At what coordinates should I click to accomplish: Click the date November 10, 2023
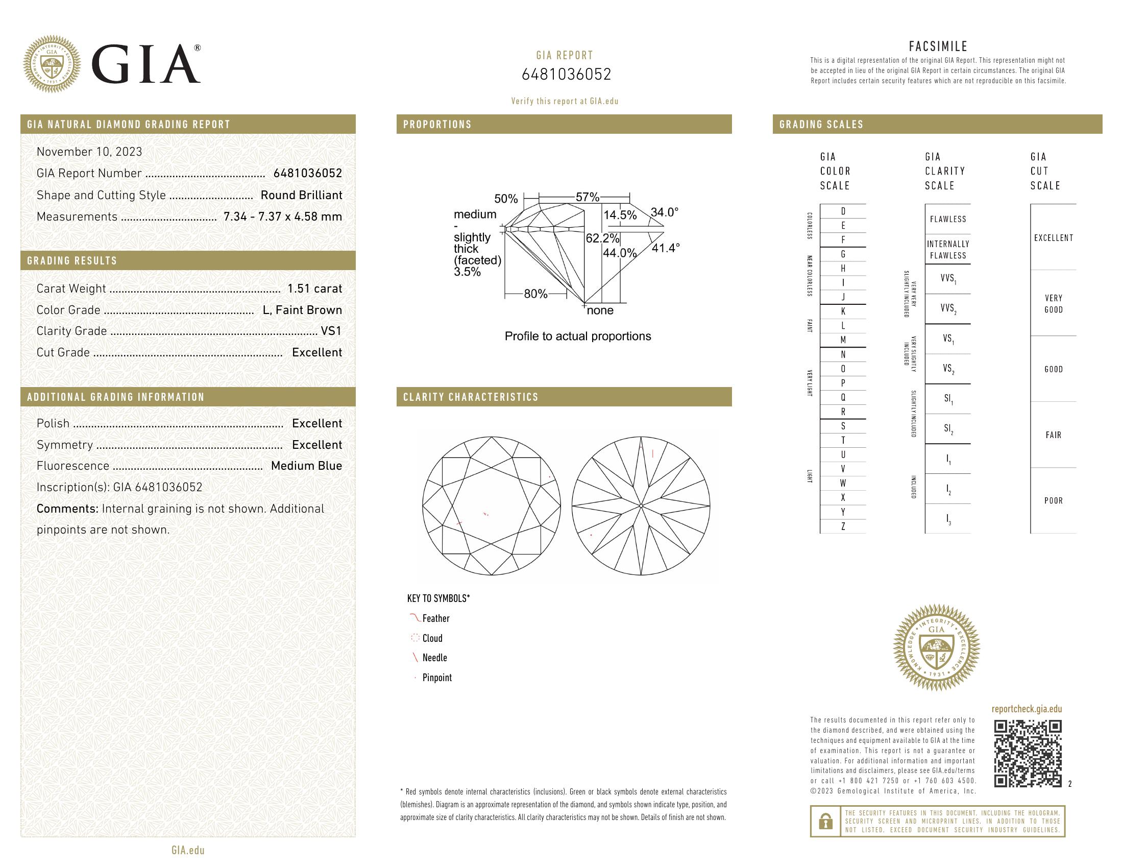click(89, 152)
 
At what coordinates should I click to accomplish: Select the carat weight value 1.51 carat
click(314, 288)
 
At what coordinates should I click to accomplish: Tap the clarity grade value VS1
click(331, 331)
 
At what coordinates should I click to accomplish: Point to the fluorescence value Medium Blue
click(306, 466)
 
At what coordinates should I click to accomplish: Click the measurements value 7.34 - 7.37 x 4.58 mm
click(283, 216)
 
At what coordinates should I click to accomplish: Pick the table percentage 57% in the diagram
click(587, 197)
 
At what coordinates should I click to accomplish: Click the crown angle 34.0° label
click(664, 212)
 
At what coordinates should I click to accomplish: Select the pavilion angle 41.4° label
click(666, 248)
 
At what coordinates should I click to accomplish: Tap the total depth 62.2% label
click(602, 238)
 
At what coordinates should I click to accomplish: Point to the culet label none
click(600, 310)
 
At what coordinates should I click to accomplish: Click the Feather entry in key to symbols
click(435, 619)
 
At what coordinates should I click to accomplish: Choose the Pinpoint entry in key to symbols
click(436, 678)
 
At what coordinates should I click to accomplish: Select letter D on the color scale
click(843, 211)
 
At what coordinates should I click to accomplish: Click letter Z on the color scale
click(843, 526)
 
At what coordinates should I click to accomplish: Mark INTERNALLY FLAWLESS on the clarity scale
click(948, 250)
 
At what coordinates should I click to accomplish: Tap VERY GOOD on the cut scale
click(1053, 304)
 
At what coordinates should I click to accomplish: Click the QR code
click(1028, 754)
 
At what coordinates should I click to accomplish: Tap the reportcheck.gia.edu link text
click(1027, 709)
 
